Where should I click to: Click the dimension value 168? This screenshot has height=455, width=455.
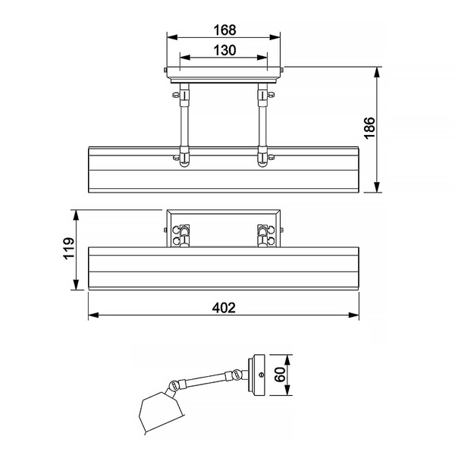pyautogui.click(x=225, y=30)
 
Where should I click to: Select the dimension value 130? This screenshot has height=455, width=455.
pyautogui.click(x=225, y=51)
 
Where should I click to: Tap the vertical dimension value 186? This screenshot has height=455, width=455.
pyautogui.click(x=369, y=128)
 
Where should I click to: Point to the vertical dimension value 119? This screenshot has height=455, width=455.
pyautogui.click(x=69, y=248)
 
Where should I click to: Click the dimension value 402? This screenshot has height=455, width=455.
pyautogui.click(x=224, y=308)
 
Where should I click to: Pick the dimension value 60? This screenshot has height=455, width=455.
pyautogui.click(x=280, y=375)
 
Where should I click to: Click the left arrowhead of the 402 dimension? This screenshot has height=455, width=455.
pyautogui.click(x=93, y=315)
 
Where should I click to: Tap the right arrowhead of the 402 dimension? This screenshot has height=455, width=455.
pyautogui.click(x=353, y=315)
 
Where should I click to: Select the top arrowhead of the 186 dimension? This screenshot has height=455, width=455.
pyautogui.click(x=377, y=72)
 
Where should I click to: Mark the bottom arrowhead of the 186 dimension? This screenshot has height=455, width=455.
pyautogui.click(x=377, y=187)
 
